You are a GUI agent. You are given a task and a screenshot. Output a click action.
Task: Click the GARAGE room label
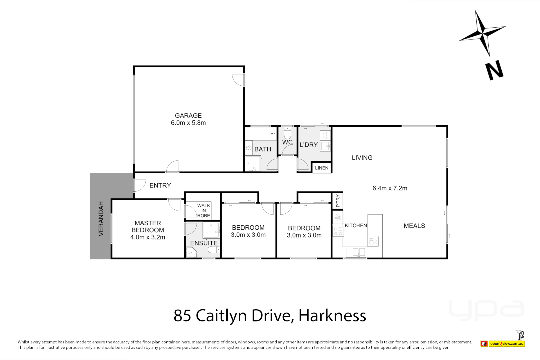(x=188, y=116)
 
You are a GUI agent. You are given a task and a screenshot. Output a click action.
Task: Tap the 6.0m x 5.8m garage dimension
(x=188, y=123)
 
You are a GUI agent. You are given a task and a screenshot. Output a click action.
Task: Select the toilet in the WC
(x=287, y=134)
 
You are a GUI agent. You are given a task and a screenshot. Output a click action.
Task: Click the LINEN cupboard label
(x=321, y=168)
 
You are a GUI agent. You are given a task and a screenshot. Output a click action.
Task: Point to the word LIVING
(x=362, y=158)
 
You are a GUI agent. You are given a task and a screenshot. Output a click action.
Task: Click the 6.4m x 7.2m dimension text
(x=390, y=188)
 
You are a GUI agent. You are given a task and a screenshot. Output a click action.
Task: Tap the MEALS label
(x=414, y=226)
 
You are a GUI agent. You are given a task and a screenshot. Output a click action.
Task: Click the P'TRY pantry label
(x=338, y=201)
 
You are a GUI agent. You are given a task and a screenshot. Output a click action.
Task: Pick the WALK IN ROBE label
(x=203, y=211)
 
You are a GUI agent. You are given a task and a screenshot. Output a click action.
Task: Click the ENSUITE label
(x=204, y=243)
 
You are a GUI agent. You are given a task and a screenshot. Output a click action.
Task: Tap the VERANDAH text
(x=101, y=219)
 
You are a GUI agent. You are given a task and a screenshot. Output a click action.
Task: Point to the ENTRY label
(x=160, y=186)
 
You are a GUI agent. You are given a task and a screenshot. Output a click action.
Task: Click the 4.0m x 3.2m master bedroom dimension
(x=148, y=237)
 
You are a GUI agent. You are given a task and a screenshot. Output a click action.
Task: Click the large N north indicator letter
(x=494, y=70)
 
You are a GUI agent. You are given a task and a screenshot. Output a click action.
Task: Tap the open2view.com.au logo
(x=503, y=344)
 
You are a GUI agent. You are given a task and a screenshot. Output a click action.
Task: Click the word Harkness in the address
(x=332, y=316)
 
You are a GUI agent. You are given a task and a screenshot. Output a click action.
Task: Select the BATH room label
(x=263, y=149)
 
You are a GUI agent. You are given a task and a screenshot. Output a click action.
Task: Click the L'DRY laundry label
(x=309, y=145)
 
